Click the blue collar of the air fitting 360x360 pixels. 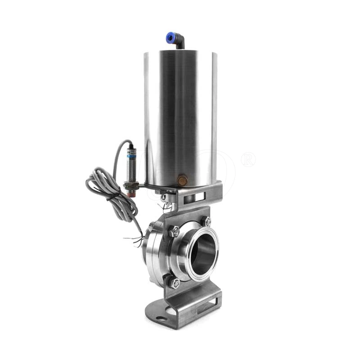click(x=171, y=38)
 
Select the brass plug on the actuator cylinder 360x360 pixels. click(x=182, y=181)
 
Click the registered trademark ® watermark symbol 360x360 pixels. click(x=248, y=159)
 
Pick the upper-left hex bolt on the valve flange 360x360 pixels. click(x=175, y=232)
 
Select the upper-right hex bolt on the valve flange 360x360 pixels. click(x=207, y=221)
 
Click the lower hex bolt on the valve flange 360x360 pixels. click(x=175, y=283)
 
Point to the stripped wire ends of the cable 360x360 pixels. click(x=135, y=241)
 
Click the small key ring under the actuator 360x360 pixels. click(x=165, y=205)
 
